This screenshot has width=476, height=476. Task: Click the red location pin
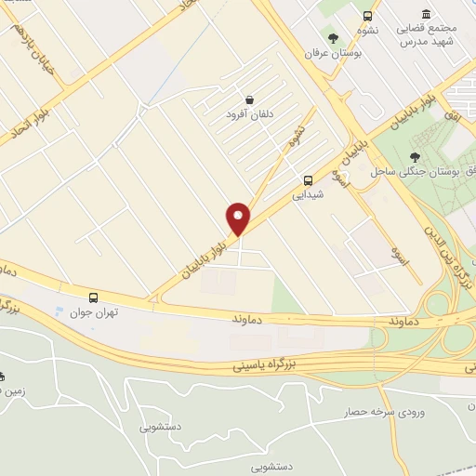[x=239, y=218]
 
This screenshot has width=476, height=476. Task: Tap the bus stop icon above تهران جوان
[x=93, y=297]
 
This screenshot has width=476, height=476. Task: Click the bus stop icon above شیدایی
[x=308, y=180]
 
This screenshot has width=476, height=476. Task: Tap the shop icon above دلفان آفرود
[x=250, y=99]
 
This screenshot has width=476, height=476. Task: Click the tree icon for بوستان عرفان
[x=333, y=38]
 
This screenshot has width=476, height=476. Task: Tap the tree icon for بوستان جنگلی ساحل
[x=415, y=157]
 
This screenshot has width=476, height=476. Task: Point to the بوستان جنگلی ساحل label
[x=410, y=172]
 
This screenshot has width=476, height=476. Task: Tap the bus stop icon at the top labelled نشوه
[x=368, y=16]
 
